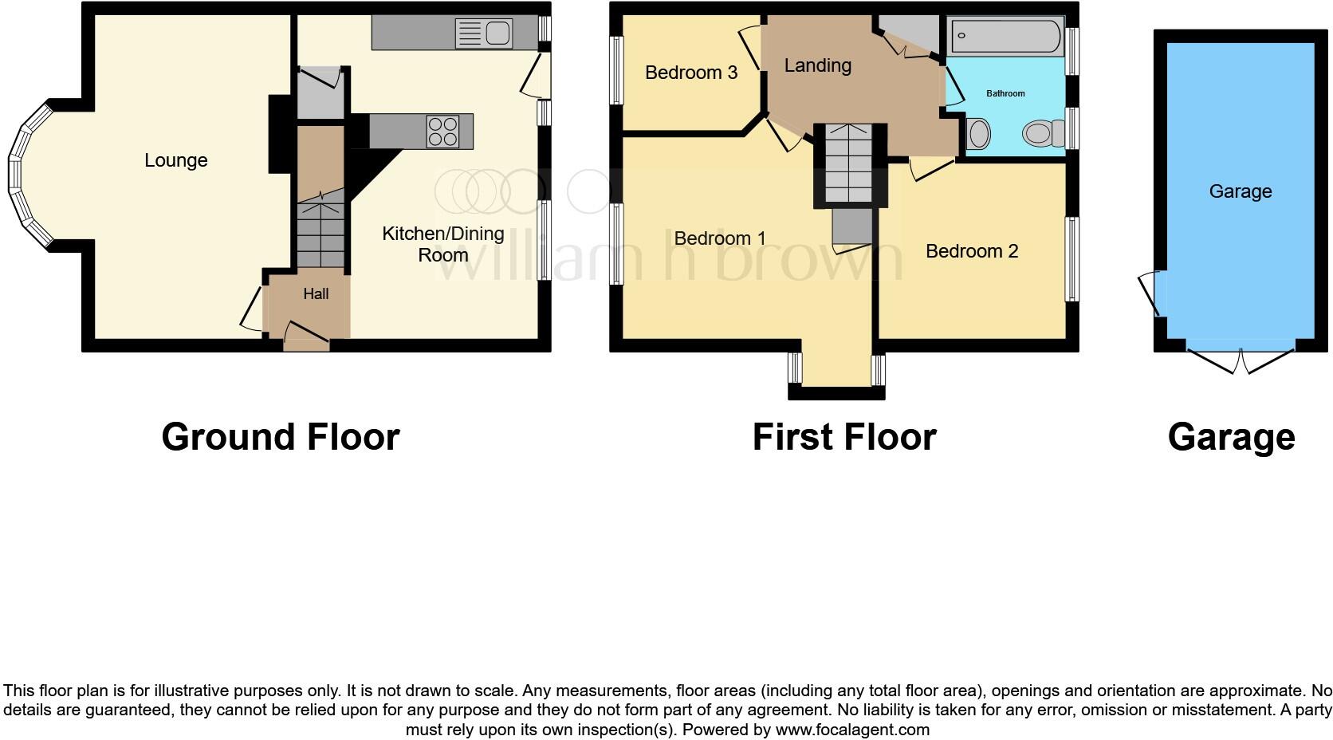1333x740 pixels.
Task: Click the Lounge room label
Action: pos(175,160)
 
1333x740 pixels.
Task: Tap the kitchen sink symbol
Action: pos(484,33)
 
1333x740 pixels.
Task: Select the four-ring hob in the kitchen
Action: pos(442,132)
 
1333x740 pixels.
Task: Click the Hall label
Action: pos(316,294)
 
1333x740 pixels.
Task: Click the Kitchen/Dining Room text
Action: pos(442,244)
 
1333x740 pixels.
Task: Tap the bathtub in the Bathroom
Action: pos(1005,37)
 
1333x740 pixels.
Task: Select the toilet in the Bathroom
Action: pos(1042,132)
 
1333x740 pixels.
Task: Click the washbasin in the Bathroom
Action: pos(978,133)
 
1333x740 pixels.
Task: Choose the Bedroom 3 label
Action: pos(690,73)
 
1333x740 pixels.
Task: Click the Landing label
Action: pos(817,65)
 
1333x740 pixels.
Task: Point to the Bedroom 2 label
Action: pos(971,251)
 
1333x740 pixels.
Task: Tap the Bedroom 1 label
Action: pos(719,238)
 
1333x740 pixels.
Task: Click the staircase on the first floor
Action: pos(850,164)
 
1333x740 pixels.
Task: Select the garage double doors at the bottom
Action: pos(1241,360)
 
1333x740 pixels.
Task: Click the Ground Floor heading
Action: pos(280,437)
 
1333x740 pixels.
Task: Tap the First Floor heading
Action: pos(843,437)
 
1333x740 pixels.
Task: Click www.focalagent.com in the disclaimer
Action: pos(851,729)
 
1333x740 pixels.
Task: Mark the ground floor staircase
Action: pos(322,234)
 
